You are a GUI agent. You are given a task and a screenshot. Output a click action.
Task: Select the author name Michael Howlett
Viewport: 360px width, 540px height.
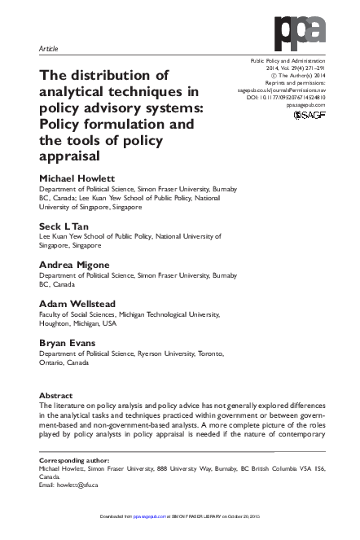coord(77,178)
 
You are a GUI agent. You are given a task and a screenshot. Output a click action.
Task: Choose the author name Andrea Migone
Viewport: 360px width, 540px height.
coord(76,264)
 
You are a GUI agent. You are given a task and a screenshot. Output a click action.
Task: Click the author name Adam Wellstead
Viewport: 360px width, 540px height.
coord(77,303)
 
